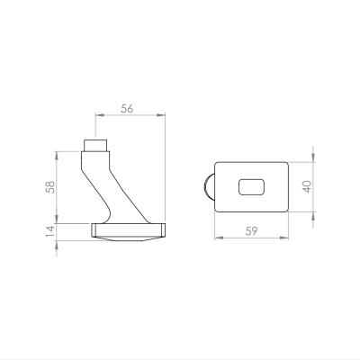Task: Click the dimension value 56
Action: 127,109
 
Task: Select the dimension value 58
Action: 50,187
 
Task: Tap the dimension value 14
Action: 50,231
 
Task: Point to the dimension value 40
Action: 307,186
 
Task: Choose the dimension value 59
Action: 251,231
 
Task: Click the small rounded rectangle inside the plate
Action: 252,187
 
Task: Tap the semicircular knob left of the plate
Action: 210,187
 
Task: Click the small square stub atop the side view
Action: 95,146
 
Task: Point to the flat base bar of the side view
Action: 128,230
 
